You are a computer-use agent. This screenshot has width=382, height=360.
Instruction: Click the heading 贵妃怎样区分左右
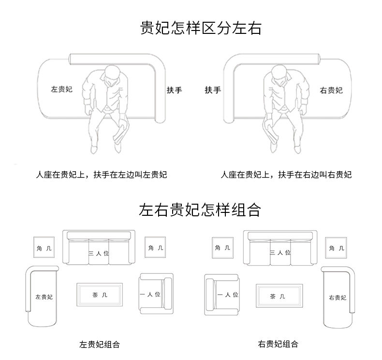click(x=200, y=28)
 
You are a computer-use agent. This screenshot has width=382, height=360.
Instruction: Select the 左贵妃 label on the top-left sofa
click(x=61, y=90)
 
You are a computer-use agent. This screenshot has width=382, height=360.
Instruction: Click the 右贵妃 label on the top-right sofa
click(x=331, y=90)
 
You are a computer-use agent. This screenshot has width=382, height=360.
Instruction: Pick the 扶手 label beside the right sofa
click(x=213, y=90)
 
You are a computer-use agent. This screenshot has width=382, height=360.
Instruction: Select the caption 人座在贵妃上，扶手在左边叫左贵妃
click(x=102, y=175)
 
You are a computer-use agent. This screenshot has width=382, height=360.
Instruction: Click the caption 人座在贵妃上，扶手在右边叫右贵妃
click(x=286, y=175)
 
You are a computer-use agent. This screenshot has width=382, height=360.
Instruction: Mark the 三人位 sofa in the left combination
click(x=99, y=249)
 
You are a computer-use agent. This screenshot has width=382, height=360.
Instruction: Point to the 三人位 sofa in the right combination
click(x=280, y=249)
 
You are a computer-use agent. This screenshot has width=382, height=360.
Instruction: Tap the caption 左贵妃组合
click(x=100, y=345)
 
